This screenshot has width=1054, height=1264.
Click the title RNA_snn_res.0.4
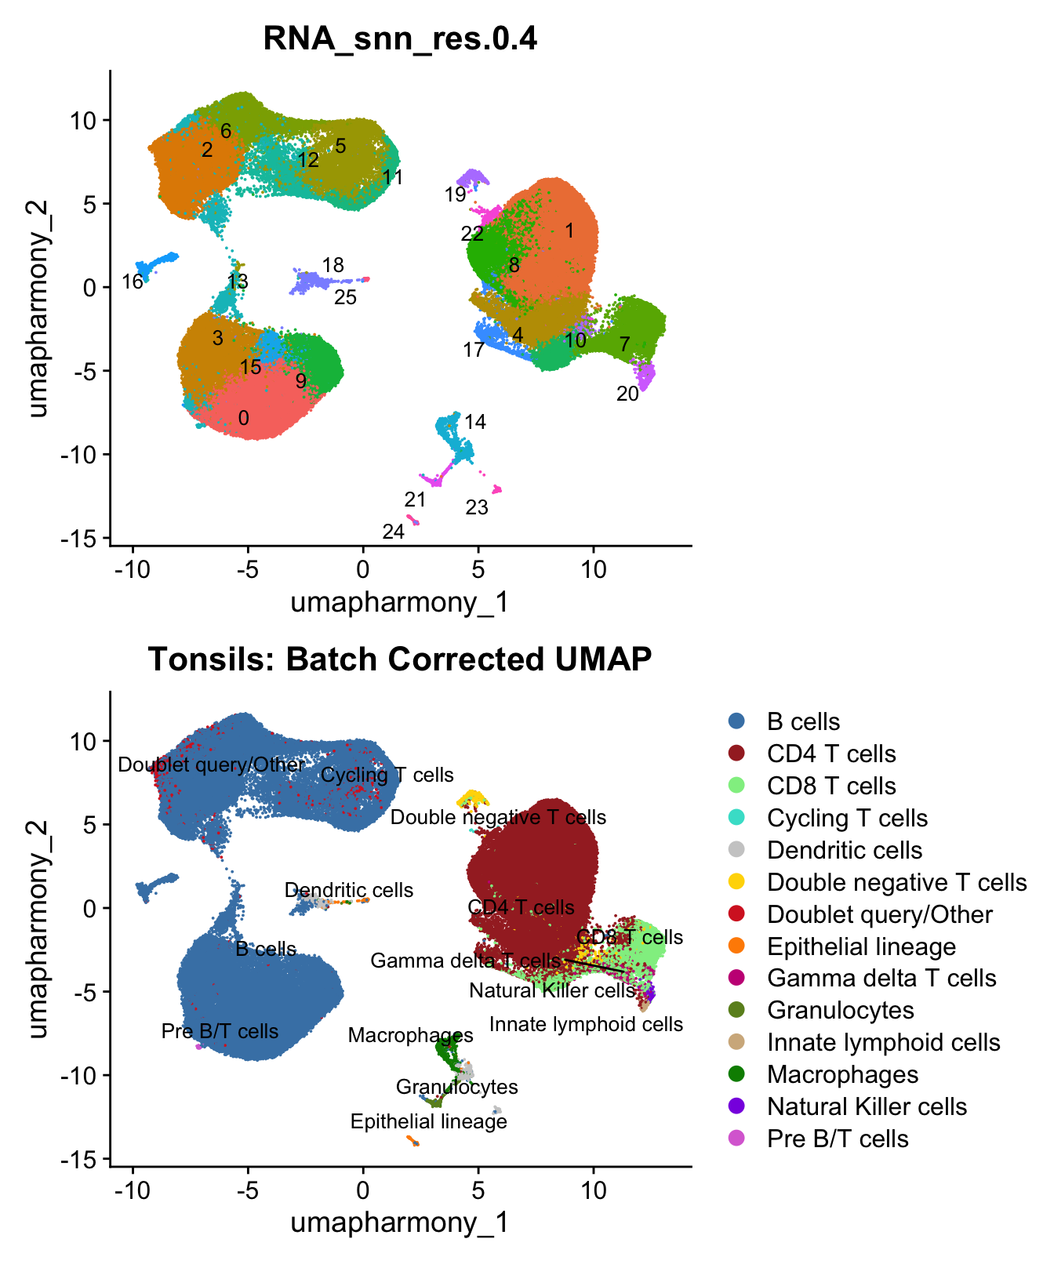point(400,38)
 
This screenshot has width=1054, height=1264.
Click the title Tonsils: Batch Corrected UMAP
point(400,659)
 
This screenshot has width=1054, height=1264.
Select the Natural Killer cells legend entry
point(867,1106)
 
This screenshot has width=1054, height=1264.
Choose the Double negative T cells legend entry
point(896,882)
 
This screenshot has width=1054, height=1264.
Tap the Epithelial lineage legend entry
point(861,946)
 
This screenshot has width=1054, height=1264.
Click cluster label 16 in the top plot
point(133,281)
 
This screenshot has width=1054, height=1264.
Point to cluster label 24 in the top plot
point(393,532)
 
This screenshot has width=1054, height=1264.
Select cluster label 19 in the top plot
point(456,194)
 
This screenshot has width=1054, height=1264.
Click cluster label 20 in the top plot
point(627,394)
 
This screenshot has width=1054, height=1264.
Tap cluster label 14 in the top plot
point(475,423)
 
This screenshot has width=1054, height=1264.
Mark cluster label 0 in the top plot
point(244,419)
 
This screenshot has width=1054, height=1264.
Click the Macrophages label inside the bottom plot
point(411,1036)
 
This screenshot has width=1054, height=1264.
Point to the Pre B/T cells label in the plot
point(220,1031)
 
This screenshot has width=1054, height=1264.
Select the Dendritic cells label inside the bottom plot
point(349,891)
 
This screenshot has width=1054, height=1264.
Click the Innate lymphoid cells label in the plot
point(586,1024)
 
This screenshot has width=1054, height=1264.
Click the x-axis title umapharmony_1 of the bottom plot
point(400,1222)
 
